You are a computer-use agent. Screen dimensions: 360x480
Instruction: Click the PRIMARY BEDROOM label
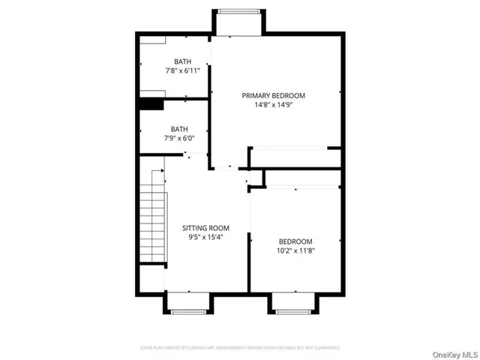(274, 95)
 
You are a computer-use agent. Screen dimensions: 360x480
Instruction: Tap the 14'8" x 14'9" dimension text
(274, 106)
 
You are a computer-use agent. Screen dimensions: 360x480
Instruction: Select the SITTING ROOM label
(206, 227)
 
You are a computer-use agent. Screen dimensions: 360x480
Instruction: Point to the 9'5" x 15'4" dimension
(206, 237)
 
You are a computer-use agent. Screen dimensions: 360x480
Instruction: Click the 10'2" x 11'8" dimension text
(295, 250)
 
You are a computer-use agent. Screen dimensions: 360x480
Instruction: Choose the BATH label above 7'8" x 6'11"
(182, 61)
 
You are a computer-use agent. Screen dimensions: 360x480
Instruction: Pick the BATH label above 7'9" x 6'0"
(179, 128)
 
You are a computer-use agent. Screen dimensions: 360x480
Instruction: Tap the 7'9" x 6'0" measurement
(179, 138)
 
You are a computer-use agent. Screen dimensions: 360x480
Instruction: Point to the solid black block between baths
(152, 105)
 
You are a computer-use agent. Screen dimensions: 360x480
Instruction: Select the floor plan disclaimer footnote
(240, 348)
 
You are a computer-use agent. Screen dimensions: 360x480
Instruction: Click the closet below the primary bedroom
(295, 157)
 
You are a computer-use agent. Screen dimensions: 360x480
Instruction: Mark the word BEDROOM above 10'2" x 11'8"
(295, 241)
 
